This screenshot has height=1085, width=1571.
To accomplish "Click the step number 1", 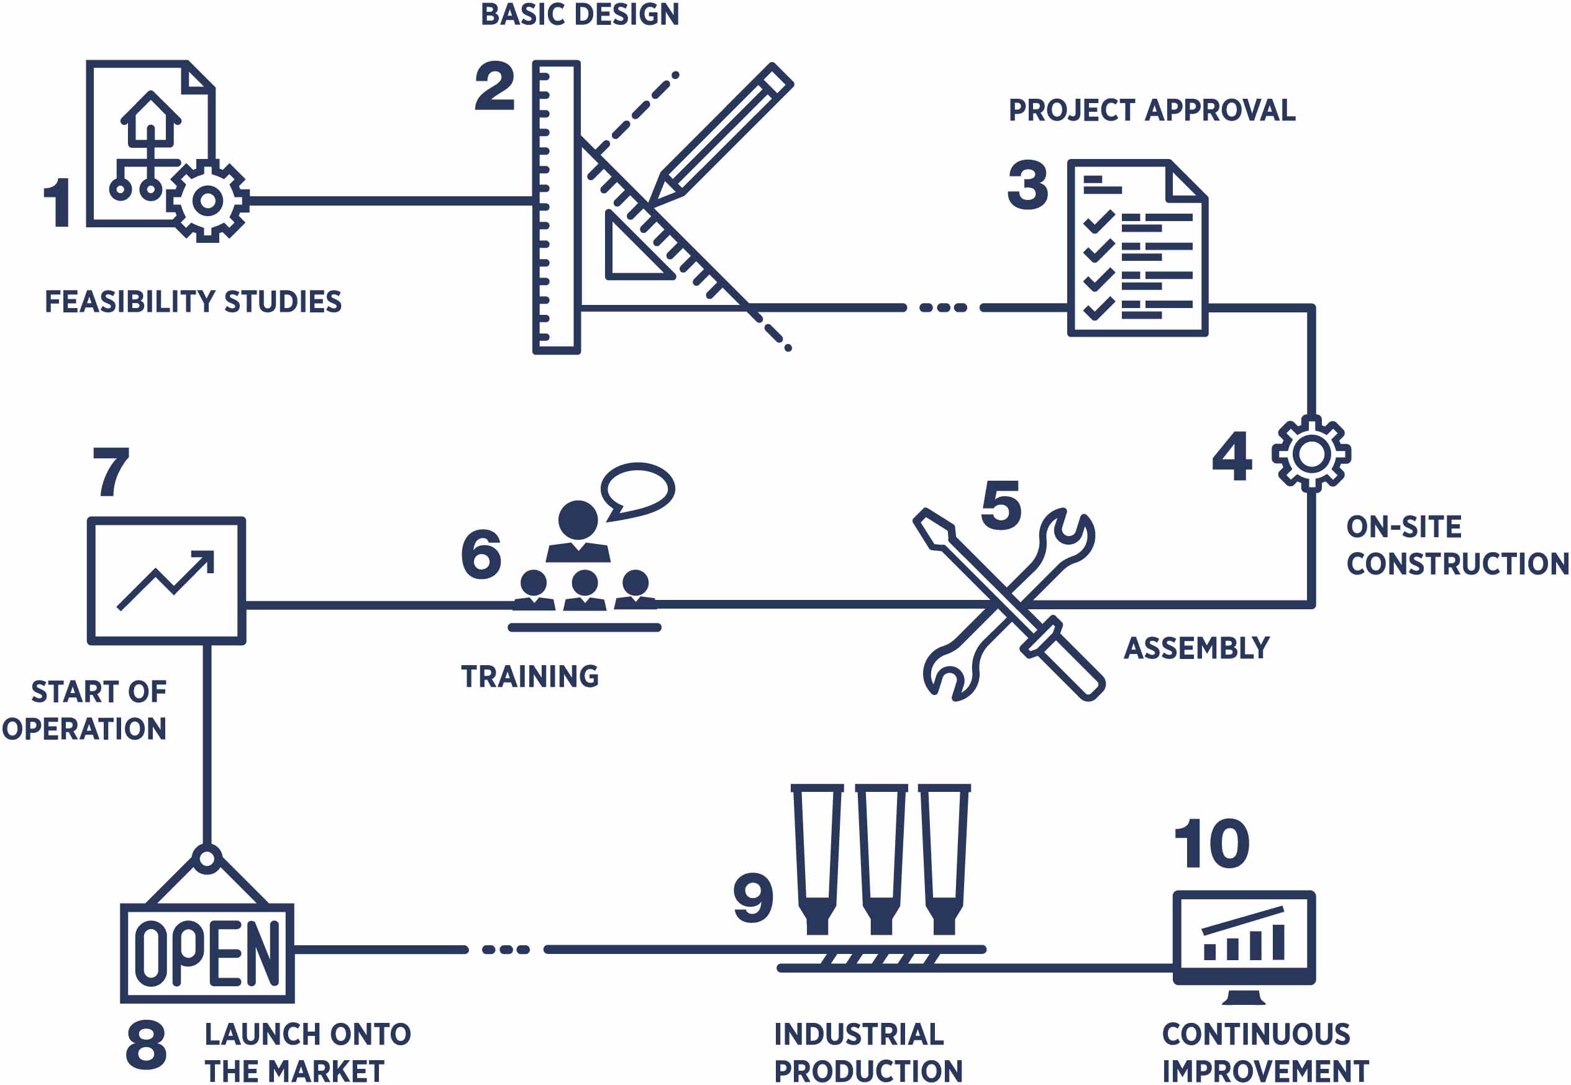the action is (59, 202).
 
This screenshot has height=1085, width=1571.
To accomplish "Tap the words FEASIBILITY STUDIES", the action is (193, 302).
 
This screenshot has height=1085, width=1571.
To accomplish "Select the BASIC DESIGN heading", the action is (580, 14).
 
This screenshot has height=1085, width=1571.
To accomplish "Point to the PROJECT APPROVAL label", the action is (1152, 110).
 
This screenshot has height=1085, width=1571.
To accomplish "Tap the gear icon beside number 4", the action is (1311, 454).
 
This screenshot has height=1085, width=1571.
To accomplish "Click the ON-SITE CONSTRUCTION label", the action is (1457, 545).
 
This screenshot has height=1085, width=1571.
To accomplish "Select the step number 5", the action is (1001, 505).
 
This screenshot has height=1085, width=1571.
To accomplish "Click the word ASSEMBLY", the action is (1196, 648).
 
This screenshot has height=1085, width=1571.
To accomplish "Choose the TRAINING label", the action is (530, 676).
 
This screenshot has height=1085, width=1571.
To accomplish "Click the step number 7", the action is (111, 471).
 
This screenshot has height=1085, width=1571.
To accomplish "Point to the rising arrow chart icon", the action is (166, 581).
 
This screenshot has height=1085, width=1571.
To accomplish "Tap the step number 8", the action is (146, 1044).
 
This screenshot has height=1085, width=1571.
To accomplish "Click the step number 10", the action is (1212, 843).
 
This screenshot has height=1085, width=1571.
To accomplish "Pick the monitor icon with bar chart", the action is (1244, 947).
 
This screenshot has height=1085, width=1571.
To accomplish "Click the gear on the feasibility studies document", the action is (207, 201).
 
